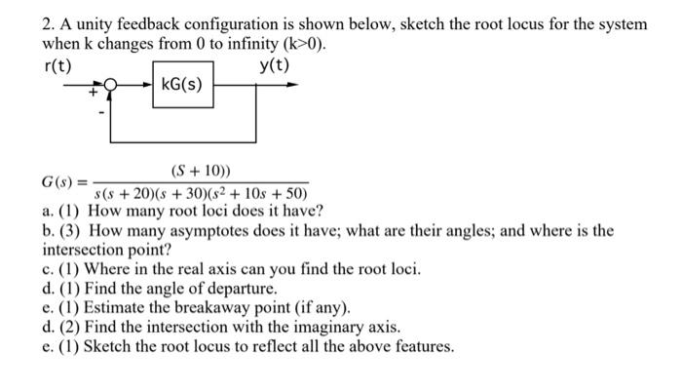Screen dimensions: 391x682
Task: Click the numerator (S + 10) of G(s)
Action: tap(202, 172)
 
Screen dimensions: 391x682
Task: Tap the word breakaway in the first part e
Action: tap(178, 308)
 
